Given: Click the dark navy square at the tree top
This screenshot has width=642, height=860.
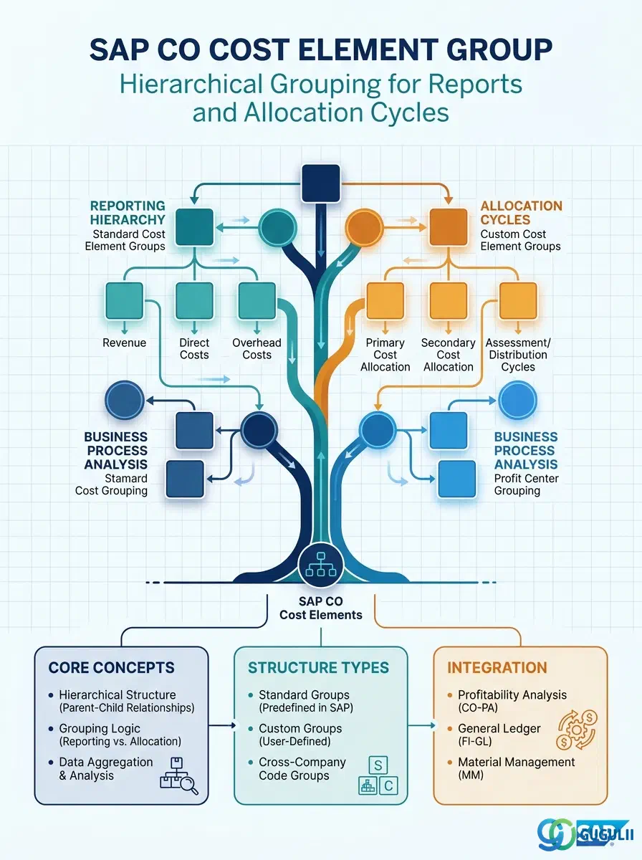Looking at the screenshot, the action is pyautogui.click(x=321, y=183).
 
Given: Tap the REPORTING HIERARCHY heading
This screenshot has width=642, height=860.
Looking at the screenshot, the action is pyautogui.click(x=128, y=213).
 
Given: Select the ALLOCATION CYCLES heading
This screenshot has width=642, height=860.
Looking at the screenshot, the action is pyautogui.click(x=522, y=213).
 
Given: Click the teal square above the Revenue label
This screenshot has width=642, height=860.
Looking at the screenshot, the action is pyautogui.click(x=124, y=301).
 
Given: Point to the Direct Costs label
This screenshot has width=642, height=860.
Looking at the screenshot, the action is pyautogui.click(x=194, y=349).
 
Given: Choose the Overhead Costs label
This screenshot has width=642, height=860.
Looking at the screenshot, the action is pyautogui.click(x=257, y=349).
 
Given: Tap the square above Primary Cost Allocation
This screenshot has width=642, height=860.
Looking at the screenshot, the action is pyautogui.click(x=385, y=301).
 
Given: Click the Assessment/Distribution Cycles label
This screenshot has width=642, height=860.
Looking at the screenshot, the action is pyautogui.click(x=518, y=355).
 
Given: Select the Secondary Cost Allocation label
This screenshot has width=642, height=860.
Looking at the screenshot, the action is pyautogui.click(x=449, y=355).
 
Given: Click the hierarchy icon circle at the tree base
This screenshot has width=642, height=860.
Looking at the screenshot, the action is pyautogui.click(x=321, y=565).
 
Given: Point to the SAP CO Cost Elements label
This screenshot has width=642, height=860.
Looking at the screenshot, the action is pyautogui.click(x=321, y=608).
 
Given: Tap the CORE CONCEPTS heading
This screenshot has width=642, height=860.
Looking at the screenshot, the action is pyautogui.click(x=111, y=668).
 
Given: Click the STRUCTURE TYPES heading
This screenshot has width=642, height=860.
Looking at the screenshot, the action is pyautogui.click(x=318, y=668).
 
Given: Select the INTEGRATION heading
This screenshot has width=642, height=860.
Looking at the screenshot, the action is pyautogui.click(x=497, y=668).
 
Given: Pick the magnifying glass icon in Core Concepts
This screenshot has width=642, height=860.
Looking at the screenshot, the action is pyautogui.click(x=188, y=785).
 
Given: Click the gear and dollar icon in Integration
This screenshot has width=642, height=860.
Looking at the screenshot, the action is pyautogui.click(x=577, y=730).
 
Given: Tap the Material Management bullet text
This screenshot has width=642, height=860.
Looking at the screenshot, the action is pyautogui.click(x=517, y=768).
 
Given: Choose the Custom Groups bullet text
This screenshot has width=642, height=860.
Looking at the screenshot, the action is pyautogui.click(x=300, y=735).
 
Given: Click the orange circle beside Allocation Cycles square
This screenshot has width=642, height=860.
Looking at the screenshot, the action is pyautogui.click(x=364, y=228).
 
